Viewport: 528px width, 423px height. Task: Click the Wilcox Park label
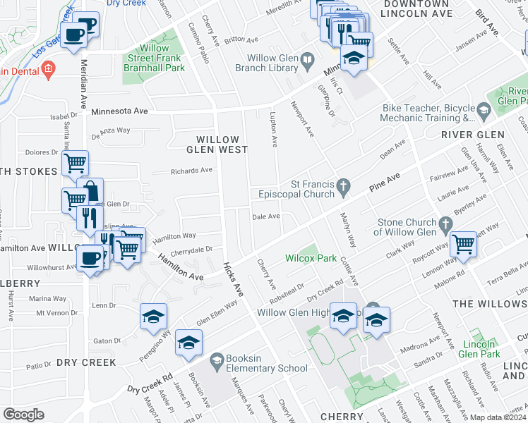tap(311, 258)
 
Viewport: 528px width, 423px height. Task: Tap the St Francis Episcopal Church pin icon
tap(343, 187)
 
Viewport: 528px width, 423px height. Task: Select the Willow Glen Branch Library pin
tap(307, 61)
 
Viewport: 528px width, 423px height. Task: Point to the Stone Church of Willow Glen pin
tap(445, 225)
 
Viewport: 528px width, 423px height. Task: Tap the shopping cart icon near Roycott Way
tap(463, 245)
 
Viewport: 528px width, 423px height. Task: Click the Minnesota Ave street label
tap(119, 111)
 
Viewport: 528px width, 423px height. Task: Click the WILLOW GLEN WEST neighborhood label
tap(217, 145)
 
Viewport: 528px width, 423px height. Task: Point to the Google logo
tap(24, 415)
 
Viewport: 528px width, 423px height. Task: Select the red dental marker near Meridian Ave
tap(48, 70)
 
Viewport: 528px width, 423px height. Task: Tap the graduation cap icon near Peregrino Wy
tap(153, 317)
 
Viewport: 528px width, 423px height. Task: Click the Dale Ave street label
tap(267, 216)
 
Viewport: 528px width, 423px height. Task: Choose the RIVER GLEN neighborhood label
tap(472, 135)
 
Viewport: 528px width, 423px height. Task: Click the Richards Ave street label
tap(191, 171)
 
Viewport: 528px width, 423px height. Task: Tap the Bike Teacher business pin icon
tap(484, 110)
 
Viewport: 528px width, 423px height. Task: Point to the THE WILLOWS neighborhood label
tap(488, 304)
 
